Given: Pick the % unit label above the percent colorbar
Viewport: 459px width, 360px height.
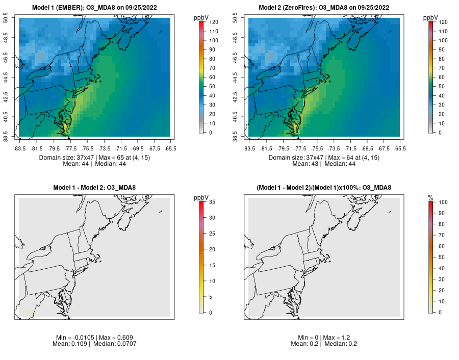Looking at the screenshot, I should [430, 197].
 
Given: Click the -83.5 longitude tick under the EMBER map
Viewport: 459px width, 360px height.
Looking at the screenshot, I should [19, 148].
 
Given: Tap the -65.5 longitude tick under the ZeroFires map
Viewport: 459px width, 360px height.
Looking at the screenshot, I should [400, 148].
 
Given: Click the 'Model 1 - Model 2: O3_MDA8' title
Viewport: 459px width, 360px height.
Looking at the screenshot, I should [94, 188].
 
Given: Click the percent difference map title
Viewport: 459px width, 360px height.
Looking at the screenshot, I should [324, 188].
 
